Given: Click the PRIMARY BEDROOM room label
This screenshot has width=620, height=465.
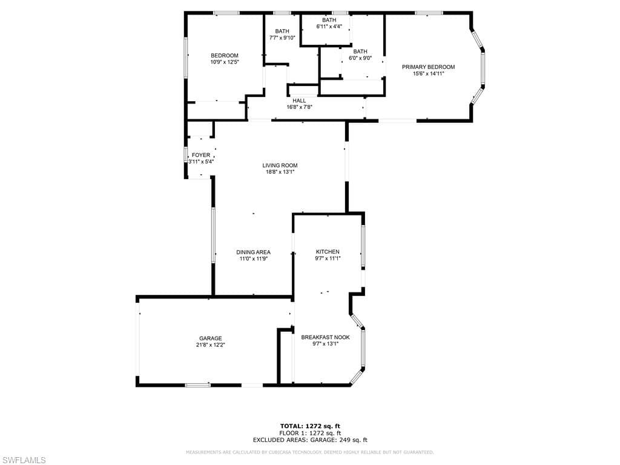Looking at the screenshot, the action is click(x=428, y=67).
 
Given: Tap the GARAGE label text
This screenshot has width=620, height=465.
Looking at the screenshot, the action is click(x=210, y=338).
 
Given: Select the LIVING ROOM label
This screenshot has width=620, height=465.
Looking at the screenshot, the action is click(x=280, y=165).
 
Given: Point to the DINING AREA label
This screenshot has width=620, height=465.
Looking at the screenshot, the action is click(x=254, y=252).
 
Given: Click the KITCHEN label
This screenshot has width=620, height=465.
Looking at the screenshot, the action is click(x=328, y=252).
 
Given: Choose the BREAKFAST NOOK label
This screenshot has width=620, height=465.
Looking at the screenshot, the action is click(x=325, y=337).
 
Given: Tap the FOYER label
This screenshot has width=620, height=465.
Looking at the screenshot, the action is click(x=201, y=155).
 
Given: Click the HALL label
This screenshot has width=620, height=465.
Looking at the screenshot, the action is click(x=299, y=101).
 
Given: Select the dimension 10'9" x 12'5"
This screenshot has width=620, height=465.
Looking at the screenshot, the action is click(x=225, y=62).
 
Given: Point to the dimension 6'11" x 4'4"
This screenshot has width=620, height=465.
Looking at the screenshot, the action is click(x=329, y=27).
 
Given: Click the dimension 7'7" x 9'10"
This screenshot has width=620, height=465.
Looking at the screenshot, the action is click(x=282, y=38).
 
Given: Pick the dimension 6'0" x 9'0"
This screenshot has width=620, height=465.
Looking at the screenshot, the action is click(x=360, y=58).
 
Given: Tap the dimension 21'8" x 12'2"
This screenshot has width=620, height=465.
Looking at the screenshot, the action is click(x=210, y=345).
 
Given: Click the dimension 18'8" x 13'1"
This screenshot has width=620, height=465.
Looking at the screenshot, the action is click(x=280, y=172).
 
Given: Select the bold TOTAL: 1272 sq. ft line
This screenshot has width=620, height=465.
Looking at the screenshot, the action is click(x=310, y=426).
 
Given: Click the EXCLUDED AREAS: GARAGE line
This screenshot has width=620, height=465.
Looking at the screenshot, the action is click(x=310, y=440).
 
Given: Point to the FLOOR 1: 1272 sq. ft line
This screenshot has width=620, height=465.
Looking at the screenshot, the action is click(x=310, y=433).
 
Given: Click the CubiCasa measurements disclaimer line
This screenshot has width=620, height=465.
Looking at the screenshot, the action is click(x=310, y=452).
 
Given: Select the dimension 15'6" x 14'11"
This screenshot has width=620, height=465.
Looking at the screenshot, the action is click(x=429, y=73).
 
